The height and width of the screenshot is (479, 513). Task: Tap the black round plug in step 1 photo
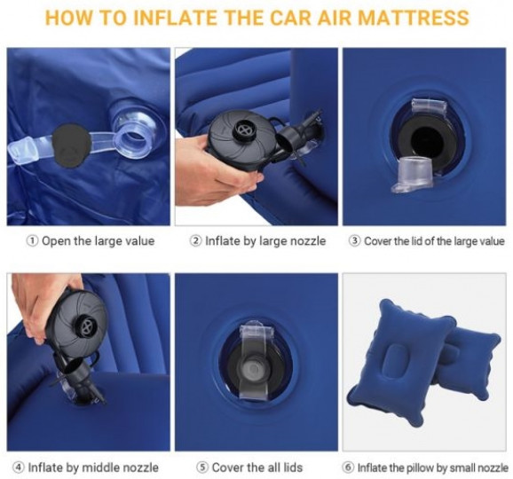[x=71, y=145]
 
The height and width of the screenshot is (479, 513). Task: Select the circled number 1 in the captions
[x=32, y=241]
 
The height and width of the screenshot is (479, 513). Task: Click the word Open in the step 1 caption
[x=56, y=241]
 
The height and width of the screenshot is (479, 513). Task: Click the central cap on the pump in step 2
[x=244, y=130]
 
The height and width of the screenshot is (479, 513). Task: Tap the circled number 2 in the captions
[x=195, y=241]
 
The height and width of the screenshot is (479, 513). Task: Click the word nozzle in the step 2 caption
[x=308, y=241]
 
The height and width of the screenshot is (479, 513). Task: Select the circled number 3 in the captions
[x=355, y=241]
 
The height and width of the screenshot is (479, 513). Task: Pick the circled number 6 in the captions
[x=348, y=467]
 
